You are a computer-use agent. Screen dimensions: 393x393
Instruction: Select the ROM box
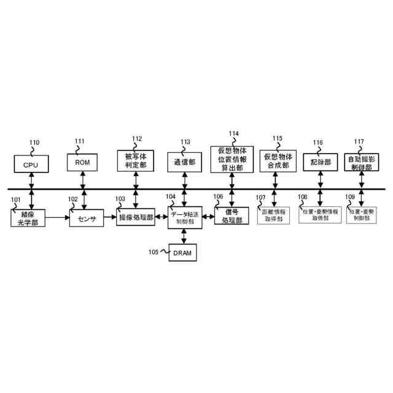pyautogui.click(x=82, y=163)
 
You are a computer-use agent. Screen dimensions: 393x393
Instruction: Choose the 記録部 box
pyautogui.click(x=320, y=162)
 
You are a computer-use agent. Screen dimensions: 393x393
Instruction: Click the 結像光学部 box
pyautogui.click(x=29, y=217)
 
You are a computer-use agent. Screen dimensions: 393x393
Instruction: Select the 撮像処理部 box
pyautogui.click(x=136, y=217)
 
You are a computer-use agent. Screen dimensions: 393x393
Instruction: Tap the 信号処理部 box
pyautogui.click(x=231, y=217)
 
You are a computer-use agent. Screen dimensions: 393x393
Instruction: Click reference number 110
pyautogui.click(x=34, y=142)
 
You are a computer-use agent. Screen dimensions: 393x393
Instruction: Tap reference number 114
pyautogui.click(x=233, y=133)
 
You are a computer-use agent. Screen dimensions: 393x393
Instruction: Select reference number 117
pyautogui.click(x=359, y=141)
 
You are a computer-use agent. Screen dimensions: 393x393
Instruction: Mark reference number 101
pyautogui.click(x=15, y=199)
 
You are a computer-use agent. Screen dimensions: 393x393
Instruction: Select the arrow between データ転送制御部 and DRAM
pyautogui.click(x=184, y=236)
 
